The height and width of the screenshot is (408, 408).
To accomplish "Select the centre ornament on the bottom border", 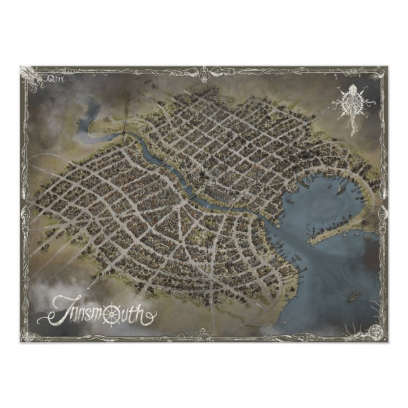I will pos(204,338).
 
